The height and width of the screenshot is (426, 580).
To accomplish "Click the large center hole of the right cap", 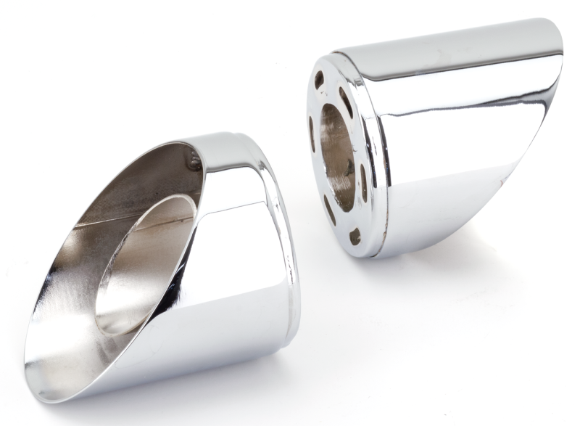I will pos(337,156).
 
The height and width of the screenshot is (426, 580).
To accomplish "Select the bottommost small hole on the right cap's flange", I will pos(355,236).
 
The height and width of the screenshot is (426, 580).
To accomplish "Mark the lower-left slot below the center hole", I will pos(330,210).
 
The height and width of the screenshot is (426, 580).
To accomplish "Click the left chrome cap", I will pos(167,269).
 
